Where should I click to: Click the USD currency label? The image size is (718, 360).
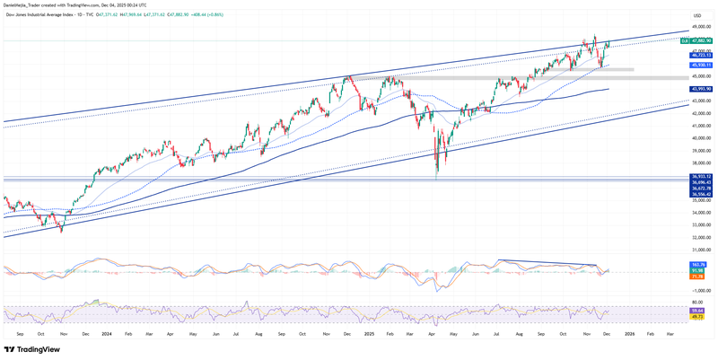point(697,15)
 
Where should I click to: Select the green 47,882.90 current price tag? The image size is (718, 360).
point(701,40)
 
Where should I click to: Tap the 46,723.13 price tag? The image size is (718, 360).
point(701,55)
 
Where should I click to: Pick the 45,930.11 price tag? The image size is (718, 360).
point(701,65)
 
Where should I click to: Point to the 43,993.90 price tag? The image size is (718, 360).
point(701,89)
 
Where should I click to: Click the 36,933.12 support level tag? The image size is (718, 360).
point(701,177)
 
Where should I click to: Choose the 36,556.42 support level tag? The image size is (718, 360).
point(701,194)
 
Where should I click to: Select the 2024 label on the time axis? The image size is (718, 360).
point(107,333)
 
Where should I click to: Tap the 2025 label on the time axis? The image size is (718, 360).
point(368,333)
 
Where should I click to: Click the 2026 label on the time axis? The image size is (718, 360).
point(629,333)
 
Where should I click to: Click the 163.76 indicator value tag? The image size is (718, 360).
point(696,265)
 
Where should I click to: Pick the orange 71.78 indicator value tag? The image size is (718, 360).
point(696,277)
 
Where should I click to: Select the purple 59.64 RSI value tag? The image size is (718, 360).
point(696,311)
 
